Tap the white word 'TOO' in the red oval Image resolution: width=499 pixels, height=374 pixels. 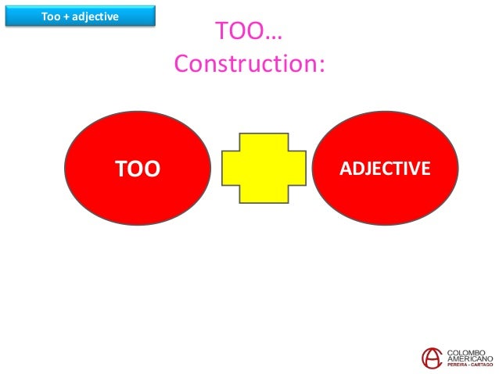[x=137, y=169]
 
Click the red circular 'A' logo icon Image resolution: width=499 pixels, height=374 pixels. [x=430, y=358]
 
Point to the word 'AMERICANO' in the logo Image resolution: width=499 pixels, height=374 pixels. [x=469, y=359]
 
